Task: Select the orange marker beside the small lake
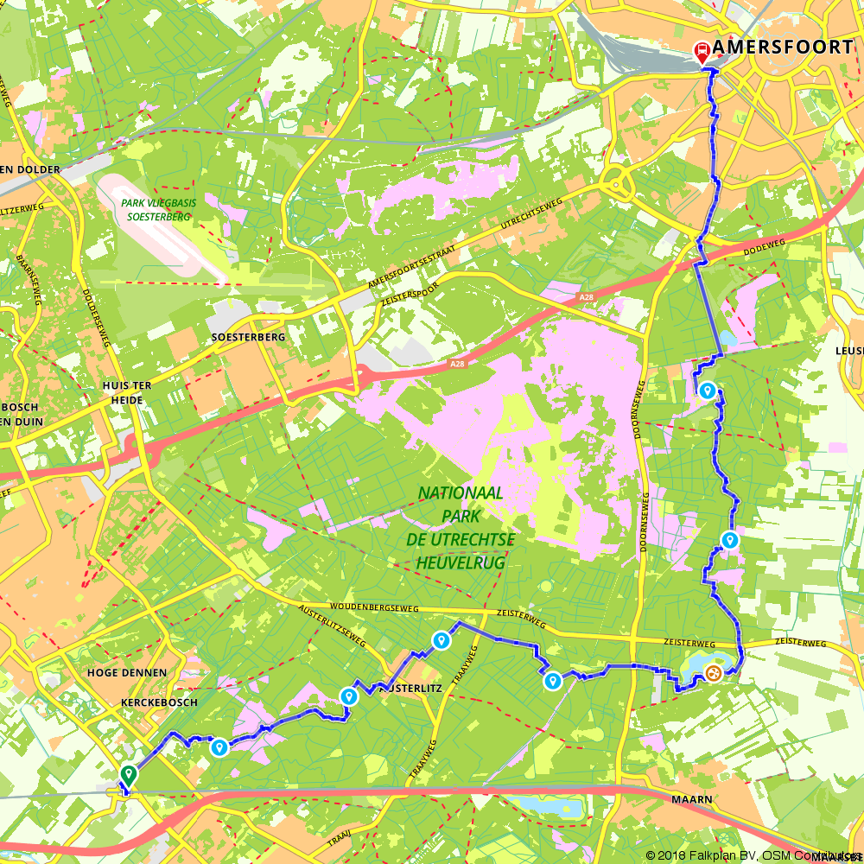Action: coord(713,672)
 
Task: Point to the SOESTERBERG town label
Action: coord(248,337)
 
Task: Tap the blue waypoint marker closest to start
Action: coord(219,747)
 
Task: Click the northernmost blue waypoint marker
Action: coord(707,391)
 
